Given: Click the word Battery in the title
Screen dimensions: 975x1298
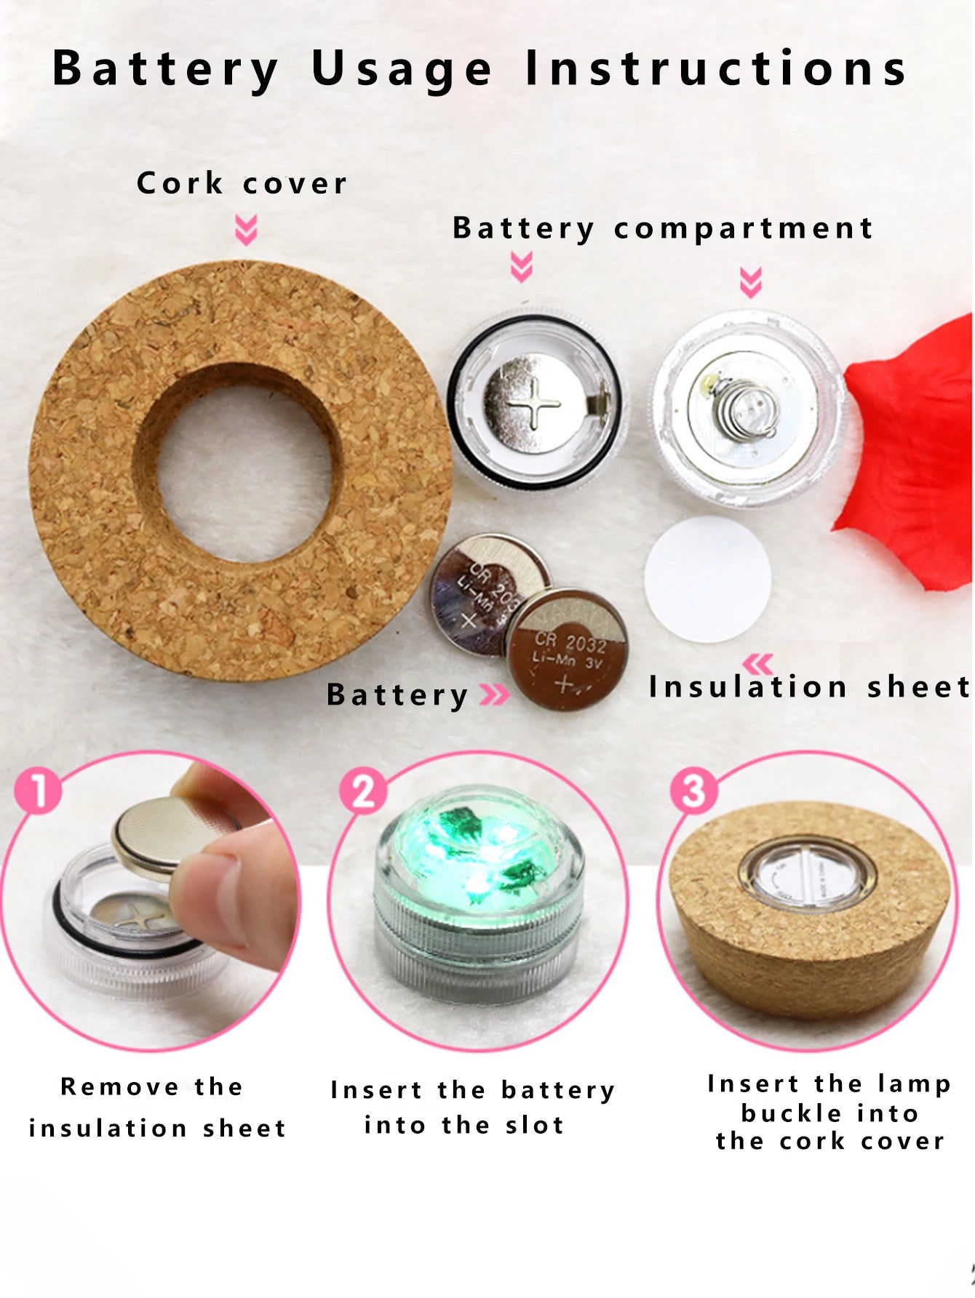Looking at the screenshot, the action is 166,70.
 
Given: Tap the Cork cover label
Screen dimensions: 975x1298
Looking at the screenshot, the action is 242,183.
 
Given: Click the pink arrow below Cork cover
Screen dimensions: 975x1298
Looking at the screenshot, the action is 246,229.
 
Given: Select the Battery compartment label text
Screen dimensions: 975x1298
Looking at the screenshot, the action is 662,228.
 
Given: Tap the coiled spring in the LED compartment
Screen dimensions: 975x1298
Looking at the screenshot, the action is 746,408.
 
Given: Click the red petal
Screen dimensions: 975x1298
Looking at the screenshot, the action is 910,451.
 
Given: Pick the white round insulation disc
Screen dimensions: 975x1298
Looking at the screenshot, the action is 707,579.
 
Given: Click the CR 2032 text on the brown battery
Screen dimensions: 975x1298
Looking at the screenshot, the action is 570,642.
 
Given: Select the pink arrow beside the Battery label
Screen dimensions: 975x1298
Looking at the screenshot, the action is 495,694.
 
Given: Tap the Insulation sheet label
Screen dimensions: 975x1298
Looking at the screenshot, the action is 810,686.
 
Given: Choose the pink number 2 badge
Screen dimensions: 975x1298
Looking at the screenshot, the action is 364,790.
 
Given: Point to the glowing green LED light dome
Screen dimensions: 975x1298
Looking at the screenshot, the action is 479,847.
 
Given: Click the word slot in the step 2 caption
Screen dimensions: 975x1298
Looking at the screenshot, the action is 535,1125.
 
